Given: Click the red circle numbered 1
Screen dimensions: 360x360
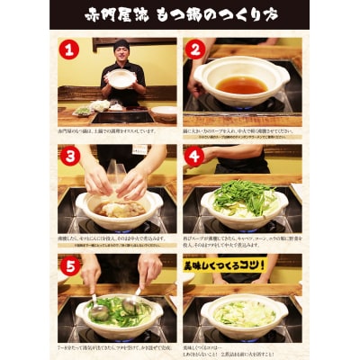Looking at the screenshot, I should pyautogui.click(x=69, y=49).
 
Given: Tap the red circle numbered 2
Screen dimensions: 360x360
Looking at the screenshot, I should pyautogui.click(x=194, y=49).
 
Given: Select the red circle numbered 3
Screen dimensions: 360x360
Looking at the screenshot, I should pyautogui.click(x=69, y=155).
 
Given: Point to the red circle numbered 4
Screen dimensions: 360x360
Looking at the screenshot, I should pyautogui.click(x=194, y=155).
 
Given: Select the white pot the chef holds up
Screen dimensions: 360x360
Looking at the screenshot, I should pyautogui.click(x=121, y=78).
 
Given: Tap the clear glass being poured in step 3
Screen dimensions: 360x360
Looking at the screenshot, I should pyautogui.click(x=115, y=173).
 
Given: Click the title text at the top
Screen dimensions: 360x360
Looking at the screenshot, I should pyautogui.click(x=180, y=15).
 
